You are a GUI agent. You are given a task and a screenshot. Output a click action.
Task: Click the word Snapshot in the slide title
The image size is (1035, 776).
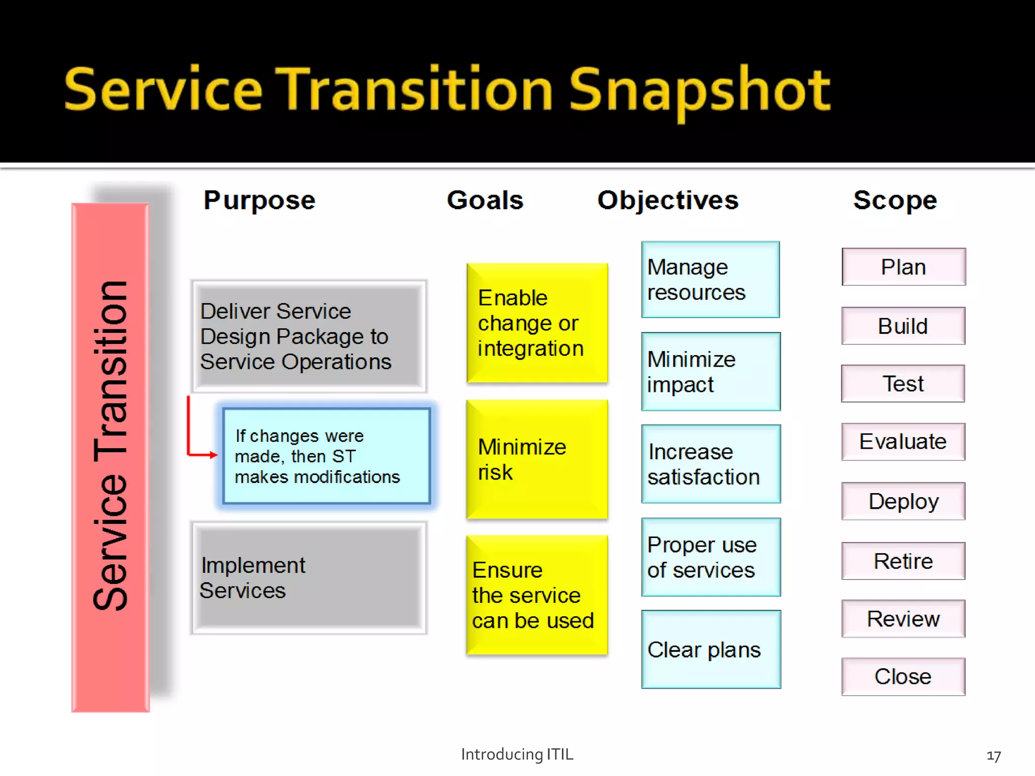tap(700, 91)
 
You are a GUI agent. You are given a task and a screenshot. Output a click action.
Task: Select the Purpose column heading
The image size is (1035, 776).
tap(259, 200)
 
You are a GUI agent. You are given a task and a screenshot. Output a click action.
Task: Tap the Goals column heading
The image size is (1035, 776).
tap(485, 200)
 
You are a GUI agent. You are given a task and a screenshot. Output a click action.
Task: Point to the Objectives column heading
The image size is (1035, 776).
tap(668, 200)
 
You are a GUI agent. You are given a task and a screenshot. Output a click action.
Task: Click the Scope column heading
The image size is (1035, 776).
tap(895, 200)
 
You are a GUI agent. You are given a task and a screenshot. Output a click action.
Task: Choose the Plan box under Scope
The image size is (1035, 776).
tap(904, 267)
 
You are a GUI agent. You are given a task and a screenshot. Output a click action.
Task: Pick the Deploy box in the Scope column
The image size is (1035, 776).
tap(904, 501)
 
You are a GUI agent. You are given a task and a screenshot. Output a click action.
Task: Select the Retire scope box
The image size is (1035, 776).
tap(904, 561)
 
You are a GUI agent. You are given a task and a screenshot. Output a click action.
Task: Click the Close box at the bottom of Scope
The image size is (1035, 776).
tap(904, 676)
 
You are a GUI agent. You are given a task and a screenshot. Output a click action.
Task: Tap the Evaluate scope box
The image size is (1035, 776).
tap(904, 442)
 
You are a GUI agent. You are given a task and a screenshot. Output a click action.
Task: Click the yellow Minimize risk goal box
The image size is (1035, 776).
tap(537, 459)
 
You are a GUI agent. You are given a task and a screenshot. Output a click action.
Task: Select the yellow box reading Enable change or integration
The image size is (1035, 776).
tap(537, 323)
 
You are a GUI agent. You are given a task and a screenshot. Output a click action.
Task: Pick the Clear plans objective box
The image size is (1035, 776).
tap(711, 650)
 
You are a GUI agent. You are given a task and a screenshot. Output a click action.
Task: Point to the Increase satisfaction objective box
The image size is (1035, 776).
tap(711, 464)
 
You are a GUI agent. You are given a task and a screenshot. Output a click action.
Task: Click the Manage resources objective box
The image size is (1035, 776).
tap(711, 279)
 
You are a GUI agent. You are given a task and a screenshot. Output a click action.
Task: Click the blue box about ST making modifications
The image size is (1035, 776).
tap(327, 456)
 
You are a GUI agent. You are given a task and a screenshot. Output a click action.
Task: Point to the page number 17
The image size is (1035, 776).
tap(994, 756)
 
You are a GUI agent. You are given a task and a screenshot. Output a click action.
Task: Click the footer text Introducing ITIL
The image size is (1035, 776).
tap(517, 754)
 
